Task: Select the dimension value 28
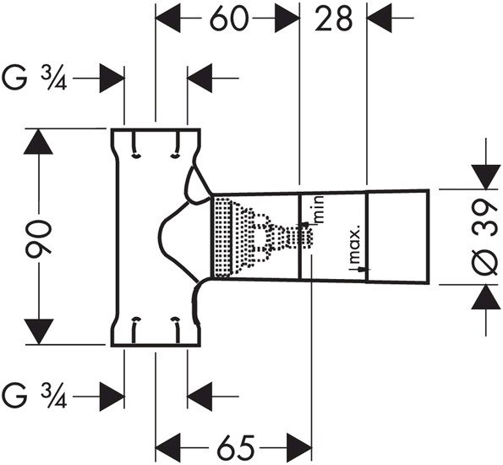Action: pos(333,19)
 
